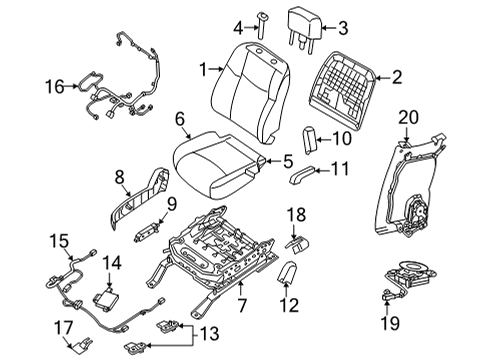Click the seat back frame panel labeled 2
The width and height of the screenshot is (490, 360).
coord(347,84)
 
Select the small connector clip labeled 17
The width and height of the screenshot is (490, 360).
coord(74,346)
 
